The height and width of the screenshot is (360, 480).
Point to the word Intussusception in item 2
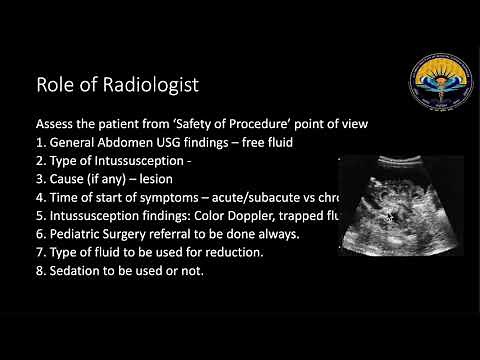pyautogui.click(x=149, y=162)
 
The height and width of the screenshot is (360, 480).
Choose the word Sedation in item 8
pyautogui.click(x=78, y=270)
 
